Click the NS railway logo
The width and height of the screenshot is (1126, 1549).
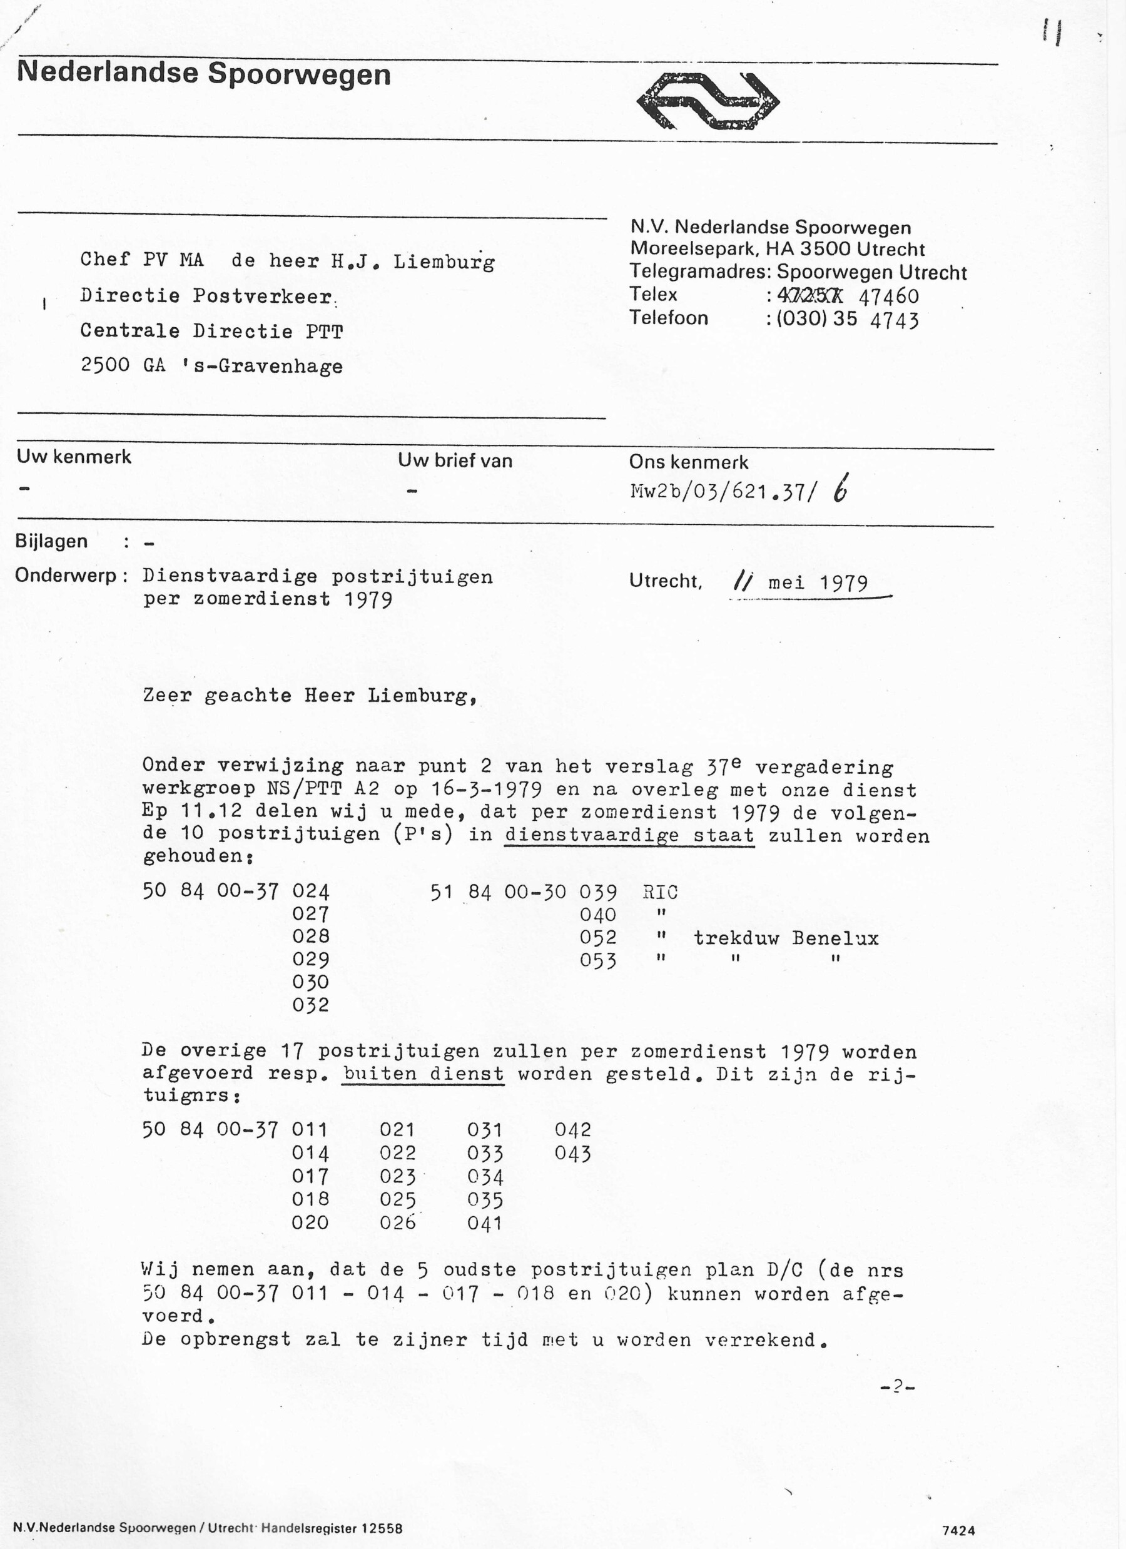(x=708, y=101)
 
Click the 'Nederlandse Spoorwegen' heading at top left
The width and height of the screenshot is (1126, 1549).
(x=203, y=74)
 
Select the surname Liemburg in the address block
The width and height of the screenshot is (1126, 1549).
(x=444, y=262)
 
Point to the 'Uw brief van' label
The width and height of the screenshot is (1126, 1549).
(x=455, y=461)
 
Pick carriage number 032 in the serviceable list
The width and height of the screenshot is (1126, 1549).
(x=311, y=1005)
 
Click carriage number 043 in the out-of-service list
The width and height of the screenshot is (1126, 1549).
(x=572, y=1154)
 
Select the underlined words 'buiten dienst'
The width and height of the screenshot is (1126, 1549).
(x=424, y=1074)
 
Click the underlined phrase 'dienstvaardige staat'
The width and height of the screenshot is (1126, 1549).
(x=629, y=835)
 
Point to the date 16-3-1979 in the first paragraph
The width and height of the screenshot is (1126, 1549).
(x=487, y=790)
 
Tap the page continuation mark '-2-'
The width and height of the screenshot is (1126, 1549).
(x=897, y=1386)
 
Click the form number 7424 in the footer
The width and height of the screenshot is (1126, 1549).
(x=958, y=1531)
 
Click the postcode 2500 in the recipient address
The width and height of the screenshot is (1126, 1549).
(x=105, y=365)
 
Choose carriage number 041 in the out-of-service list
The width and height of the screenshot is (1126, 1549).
(x=485, y=1222)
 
